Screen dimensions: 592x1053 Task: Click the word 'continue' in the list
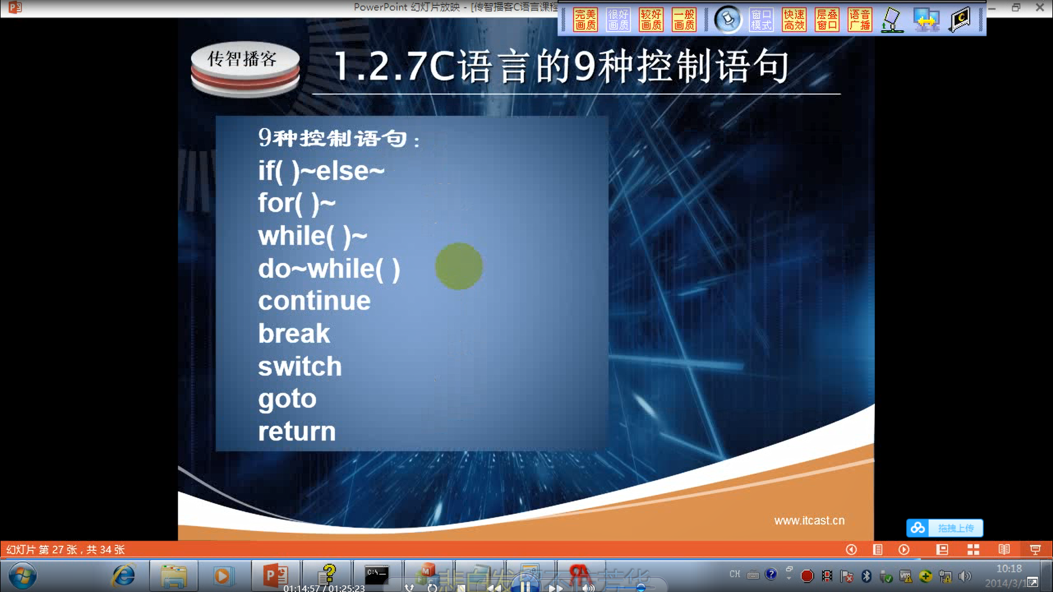coord(314,301)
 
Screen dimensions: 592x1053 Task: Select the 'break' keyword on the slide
coord(294,334)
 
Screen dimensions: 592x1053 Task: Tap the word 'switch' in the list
coord(300,366)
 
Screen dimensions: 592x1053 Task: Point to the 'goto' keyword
coord(287,399)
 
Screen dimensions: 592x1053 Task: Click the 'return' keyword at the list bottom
coord(297,432)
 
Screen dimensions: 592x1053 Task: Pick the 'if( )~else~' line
coord(321,171)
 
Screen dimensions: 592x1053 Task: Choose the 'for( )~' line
coord(297,204)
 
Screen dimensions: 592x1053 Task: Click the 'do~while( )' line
coord(329,269)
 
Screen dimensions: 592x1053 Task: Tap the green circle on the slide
coord(459,266)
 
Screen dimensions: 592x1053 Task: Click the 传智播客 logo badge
coord(244,67)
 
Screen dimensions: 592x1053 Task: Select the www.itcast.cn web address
coord(809,520)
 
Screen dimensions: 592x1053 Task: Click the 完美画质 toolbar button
coord(585,20)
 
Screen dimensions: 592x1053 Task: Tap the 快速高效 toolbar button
coord(794,20)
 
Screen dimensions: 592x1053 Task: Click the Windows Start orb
coord(22,575)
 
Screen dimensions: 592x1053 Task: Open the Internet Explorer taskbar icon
coord(124,575)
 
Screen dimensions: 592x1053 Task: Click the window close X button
coord(1039,8)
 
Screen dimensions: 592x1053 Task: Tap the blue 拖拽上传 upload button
coord(945,527)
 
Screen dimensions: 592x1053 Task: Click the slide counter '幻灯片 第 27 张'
coord(65,549)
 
